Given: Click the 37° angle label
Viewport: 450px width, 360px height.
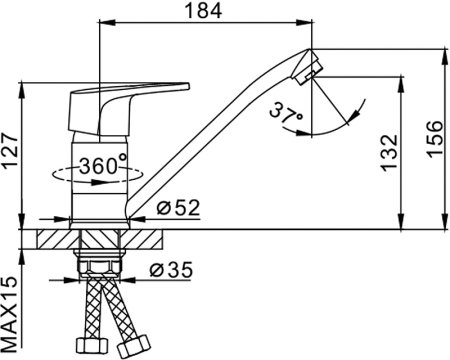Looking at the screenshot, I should click(286, 112).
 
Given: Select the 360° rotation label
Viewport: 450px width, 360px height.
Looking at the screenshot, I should click(103, 164).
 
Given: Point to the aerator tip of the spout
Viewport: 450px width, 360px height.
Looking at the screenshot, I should click(313, 68).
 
